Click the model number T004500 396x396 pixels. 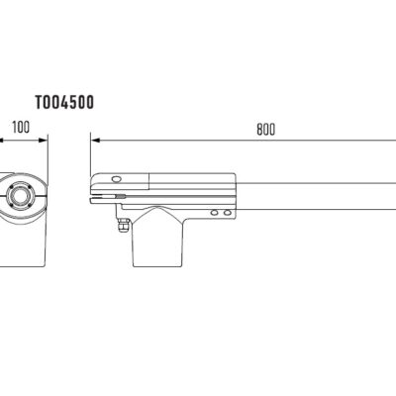[64, 102]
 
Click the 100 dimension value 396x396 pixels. [21, 128]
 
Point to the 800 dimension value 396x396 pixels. [265, 130]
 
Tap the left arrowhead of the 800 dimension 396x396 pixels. [95, 141]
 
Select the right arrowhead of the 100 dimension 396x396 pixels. [44, 141]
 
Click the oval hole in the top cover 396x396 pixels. [117, 179]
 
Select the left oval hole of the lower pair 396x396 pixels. [215, 213]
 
